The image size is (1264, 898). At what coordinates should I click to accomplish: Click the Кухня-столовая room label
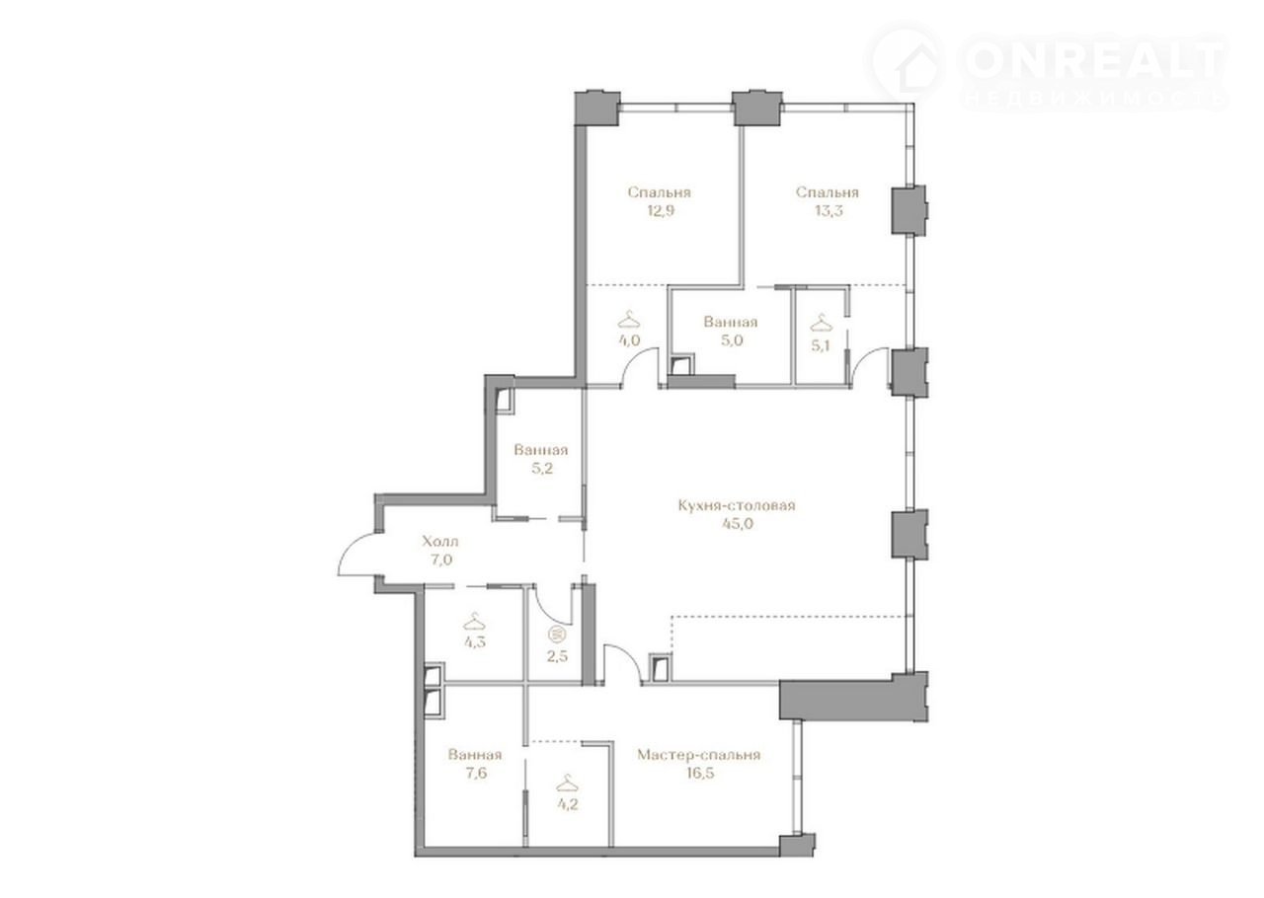coord(737,505)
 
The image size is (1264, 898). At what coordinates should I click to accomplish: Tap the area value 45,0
coord(738,524)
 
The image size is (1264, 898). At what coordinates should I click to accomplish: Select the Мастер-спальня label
coord(699,755)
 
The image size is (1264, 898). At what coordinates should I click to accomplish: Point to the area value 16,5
coord(700,773)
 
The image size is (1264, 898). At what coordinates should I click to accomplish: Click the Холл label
coord(440,542)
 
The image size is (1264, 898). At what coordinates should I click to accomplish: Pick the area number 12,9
coord(659,211)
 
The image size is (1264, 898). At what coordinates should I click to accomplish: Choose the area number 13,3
coord(828,211)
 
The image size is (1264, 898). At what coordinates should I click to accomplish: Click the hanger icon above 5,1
coord(821,324)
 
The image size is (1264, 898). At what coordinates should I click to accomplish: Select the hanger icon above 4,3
coord(475,622)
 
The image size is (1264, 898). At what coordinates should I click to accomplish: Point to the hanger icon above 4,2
coord(567,785)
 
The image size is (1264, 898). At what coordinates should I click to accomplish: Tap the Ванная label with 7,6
coord(475,755)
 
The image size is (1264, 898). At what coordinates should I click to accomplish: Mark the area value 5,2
coord(541,469)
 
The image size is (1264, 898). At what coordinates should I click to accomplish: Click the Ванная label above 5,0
coord(730,322)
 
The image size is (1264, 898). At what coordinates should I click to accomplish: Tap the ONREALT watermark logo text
coord(1093,61)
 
